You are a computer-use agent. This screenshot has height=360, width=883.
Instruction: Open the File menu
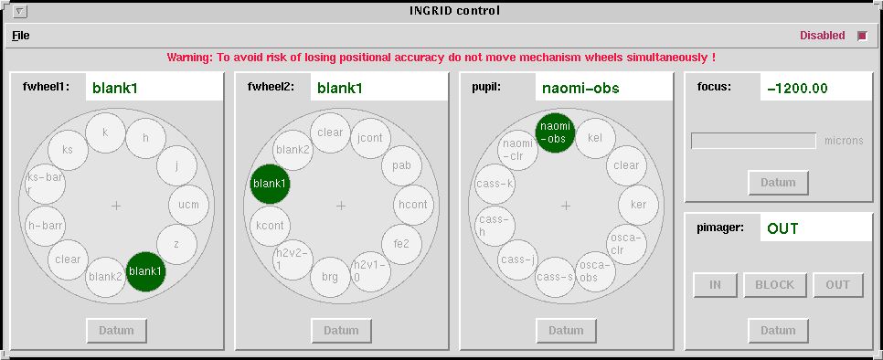[x=21, y=36]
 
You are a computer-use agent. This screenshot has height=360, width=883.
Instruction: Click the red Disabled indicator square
[x=862, y=36]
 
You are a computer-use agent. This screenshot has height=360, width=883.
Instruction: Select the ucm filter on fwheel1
[x=188, y=205]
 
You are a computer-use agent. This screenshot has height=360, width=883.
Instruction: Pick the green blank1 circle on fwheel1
[x=146, y=271]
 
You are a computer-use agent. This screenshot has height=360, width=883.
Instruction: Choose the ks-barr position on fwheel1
[x=46, y=184]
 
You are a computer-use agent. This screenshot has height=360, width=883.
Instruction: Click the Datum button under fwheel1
[x=117, y=331]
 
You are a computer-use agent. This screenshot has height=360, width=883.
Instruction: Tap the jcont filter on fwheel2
[x=370, y=138]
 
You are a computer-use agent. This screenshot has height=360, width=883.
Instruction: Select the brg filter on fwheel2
[x=330, y=277]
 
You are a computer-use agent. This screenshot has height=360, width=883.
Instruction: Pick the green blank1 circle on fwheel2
[x=271, y=184]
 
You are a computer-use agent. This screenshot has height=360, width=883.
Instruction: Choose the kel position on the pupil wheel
[x=595, y=138]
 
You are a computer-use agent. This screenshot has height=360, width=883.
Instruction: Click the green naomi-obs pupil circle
[x=555, y=132]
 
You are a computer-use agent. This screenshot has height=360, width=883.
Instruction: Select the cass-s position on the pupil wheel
[x=555, y=277]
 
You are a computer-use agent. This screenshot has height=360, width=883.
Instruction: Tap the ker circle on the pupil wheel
[x=639, y=205]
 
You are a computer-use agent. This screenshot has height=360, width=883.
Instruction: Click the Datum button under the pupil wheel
[x=566, y=331]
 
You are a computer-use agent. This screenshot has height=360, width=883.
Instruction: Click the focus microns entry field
[x=753, y=141]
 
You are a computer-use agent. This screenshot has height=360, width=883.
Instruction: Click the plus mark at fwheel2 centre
[x=341, y=206]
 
